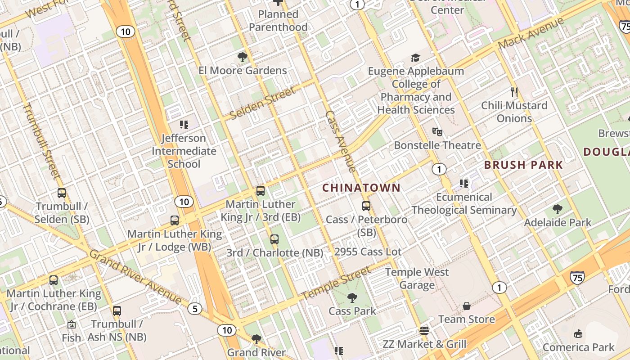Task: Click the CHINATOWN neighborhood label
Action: [361, 188]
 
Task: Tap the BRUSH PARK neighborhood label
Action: [523, 165]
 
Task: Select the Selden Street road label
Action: [263, 103]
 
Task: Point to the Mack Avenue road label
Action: [531, 33]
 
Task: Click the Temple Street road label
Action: [336, 283]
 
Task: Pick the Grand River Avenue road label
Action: [135, 276]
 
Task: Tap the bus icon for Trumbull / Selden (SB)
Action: [62, 193]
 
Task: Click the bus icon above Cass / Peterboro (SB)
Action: [366, 206]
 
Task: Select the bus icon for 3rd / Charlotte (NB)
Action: [274, 239]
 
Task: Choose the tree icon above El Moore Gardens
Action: [243, 57]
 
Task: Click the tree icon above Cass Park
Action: [352, 297]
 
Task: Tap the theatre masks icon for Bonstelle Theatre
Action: [437, 132]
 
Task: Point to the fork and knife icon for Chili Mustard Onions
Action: [514, 92]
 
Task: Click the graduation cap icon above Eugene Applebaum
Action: [415, 58]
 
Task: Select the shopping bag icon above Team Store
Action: [467, 306]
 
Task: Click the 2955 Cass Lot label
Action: [368, 252]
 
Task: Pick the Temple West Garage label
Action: [417, 278]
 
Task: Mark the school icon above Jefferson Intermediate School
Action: [184, 124]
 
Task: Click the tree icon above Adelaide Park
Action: [558, 209]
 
